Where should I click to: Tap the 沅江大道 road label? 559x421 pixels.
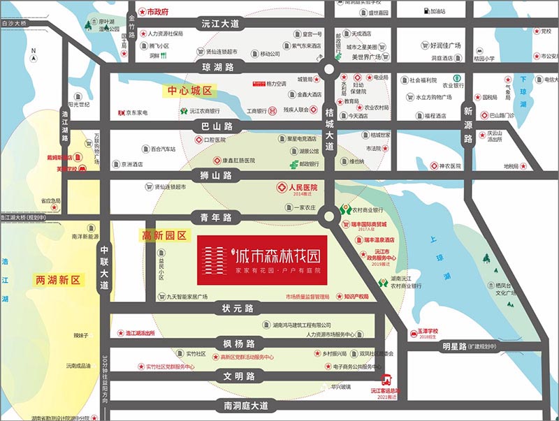pos(221,24)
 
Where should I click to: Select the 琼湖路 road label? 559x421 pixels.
pos(218,67)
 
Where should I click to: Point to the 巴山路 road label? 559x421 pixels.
pos(217,126)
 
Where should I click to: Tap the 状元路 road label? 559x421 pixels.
pos(238,309)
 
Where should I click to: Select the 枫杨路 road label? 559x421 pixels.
pos(238,343)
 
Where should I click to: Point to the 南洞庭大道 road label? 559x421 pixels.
pos(241,406)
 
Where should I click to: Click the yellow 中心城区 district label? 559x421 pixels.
pos(189,91)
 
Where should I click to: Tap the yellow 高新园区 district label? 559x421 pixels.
pos(164,236)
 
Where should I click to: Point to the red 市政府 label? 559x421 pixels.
pos(158,12)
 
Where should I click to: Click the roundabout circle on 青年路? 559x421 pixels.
pos(328,217)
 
